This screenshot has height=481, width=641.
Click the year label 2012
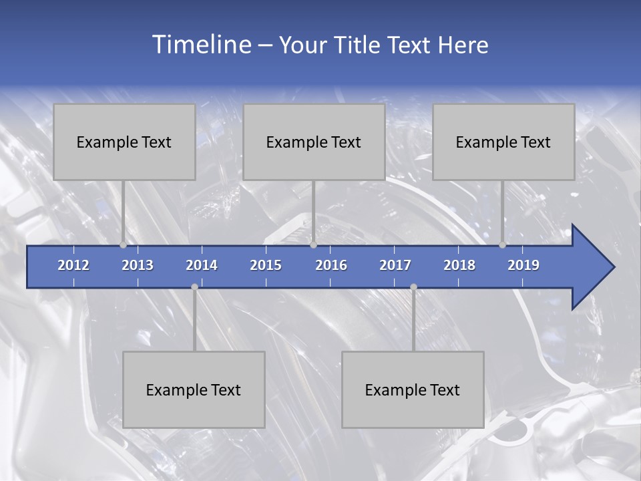point(73,265)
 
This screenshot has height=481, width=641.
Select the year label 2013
point(138,265)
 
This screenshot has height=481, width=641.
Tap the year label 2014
point(202,265)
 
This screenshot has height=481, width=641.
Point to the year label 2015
point(266,265)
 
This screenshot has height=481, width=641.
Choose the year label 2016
point(331,265)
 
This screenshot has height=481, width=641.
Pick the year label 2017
point(395,265)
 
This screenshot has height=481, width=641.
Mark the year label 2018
point(459,265)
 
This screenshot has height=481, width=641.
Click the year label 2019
point(523,265)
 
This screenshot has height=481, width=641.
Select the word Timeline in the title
point(200,45)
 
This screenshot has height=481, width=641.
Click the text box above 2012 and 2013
point(124,142)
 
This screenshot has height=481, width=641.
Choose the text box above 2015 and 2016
point(314,142)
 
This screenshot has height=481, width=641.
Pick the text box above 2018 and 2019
point(503,142)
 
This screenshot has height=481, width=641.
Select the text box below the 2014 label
point(194,389)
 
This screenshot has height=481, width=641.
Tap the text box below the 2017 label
point(413,389)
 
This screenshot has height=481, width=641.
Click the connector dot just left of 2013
point(123,245)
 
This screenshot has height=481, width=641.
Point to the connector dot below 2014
point(194,287)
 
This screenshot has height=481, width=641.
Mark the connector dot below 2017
point(413,287)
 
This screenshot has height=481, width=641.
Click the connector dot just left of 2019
point(502,245)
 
